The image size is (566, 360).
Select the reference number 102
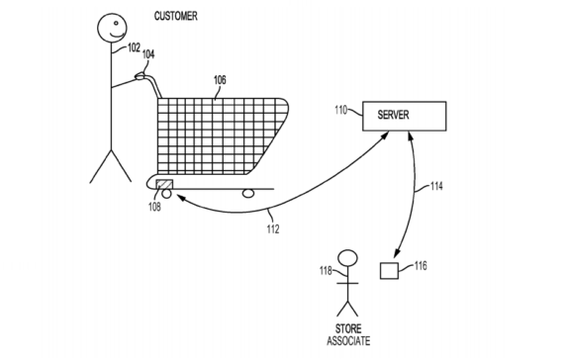[x=134, y=47]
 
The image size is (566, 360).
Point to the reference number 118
[x=326, y=269]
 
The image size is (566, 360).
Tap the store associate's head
[x=346, y=260]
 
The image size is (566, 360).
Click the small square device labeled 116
[x=390, y=269]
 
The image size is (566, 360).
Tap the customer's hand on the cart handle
[x=142, y=77]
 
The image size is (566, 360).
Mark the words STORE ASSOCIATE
[x=347, y=333]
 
